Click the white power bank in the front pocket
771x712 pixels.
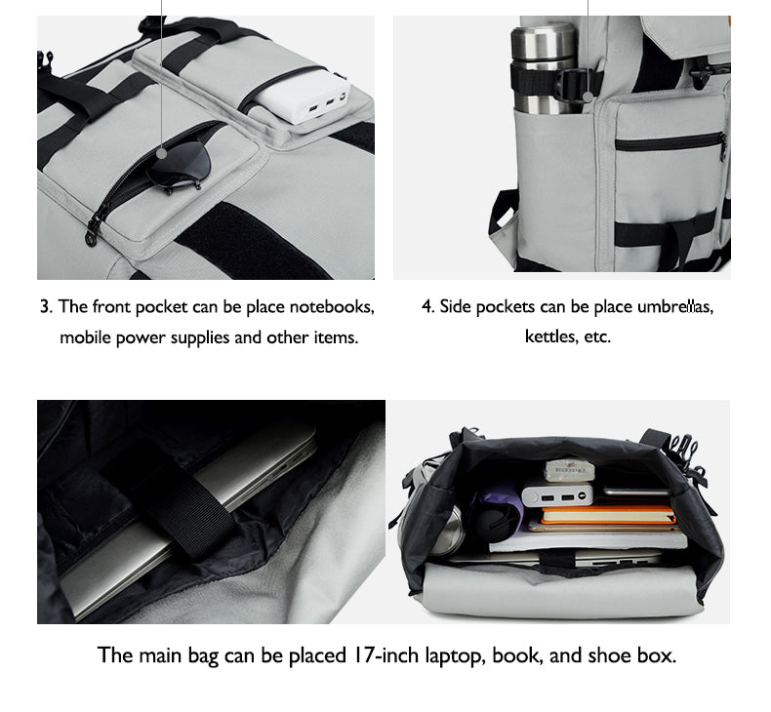coord(303,97)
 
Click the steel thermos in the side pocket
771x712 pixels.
coord(545,68)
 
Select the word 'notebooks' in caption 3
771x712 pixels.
coord(332,307)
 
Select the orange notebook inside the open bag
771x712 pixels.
coord(608,515)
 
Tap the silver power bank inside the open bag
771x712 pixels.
coord(558,496)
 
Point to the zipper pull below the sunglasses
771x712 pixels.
coord(93,231)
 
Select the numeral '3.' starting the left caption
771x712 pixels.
coord(46,307)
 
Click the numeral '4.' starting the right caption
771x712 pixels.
coord(427,307)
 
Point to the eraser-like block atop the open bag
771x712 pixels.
coord(569,470)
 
